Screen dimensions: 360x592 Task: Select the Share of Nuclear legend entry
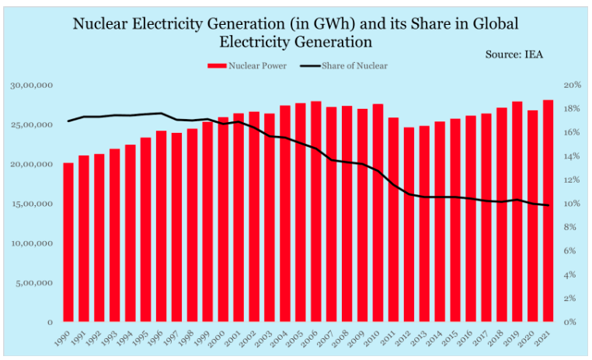coord(350,65)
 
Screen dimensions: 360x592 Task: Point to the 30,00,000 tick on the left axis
coord(32,85)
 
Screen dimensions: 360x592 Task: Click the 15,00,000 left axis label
coord(32,204)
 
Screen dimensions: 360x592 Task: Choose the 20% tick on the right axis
coord(573,85)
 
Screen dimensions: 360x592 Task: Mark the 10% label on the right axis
coord(573,204)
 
